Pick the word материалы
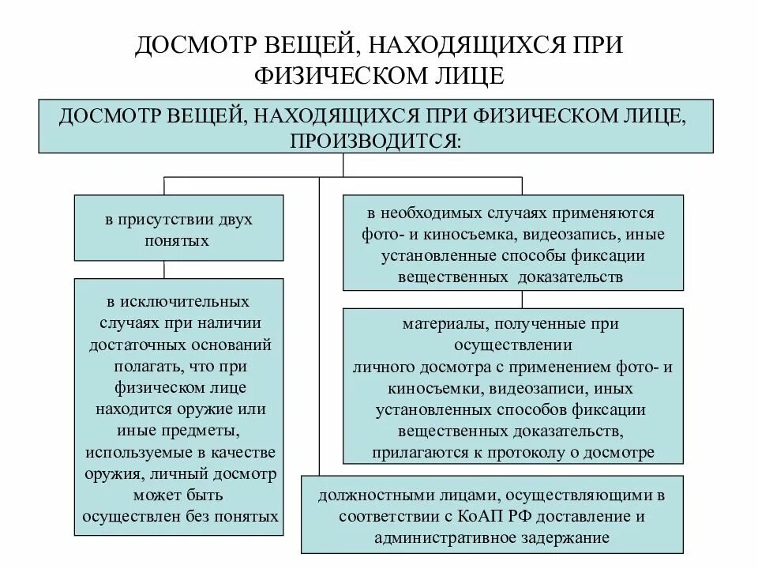click(439, 324)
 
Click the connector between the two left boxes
click(164, 269)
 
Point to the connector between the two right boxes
click(521, 299)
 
